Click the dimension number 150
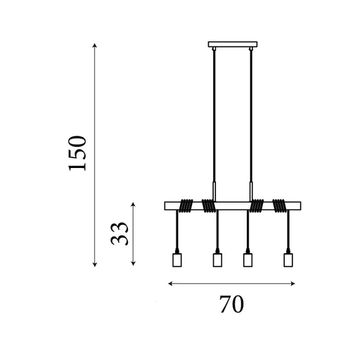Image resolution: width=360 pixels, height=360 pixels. coord(77,153)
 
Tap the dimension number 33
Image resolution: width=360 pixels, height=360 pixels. coord(120,233)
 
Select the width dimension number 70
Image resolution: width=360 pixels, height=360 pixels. coord(231,304)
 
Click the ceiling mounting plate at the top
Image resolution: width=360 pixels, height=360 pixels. coord(233,44)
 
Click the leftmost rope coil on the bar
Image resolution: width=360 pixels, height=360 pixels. coord(186,206)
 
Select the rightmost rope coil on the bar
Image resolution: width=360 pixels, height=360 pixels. coord(279,206)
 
